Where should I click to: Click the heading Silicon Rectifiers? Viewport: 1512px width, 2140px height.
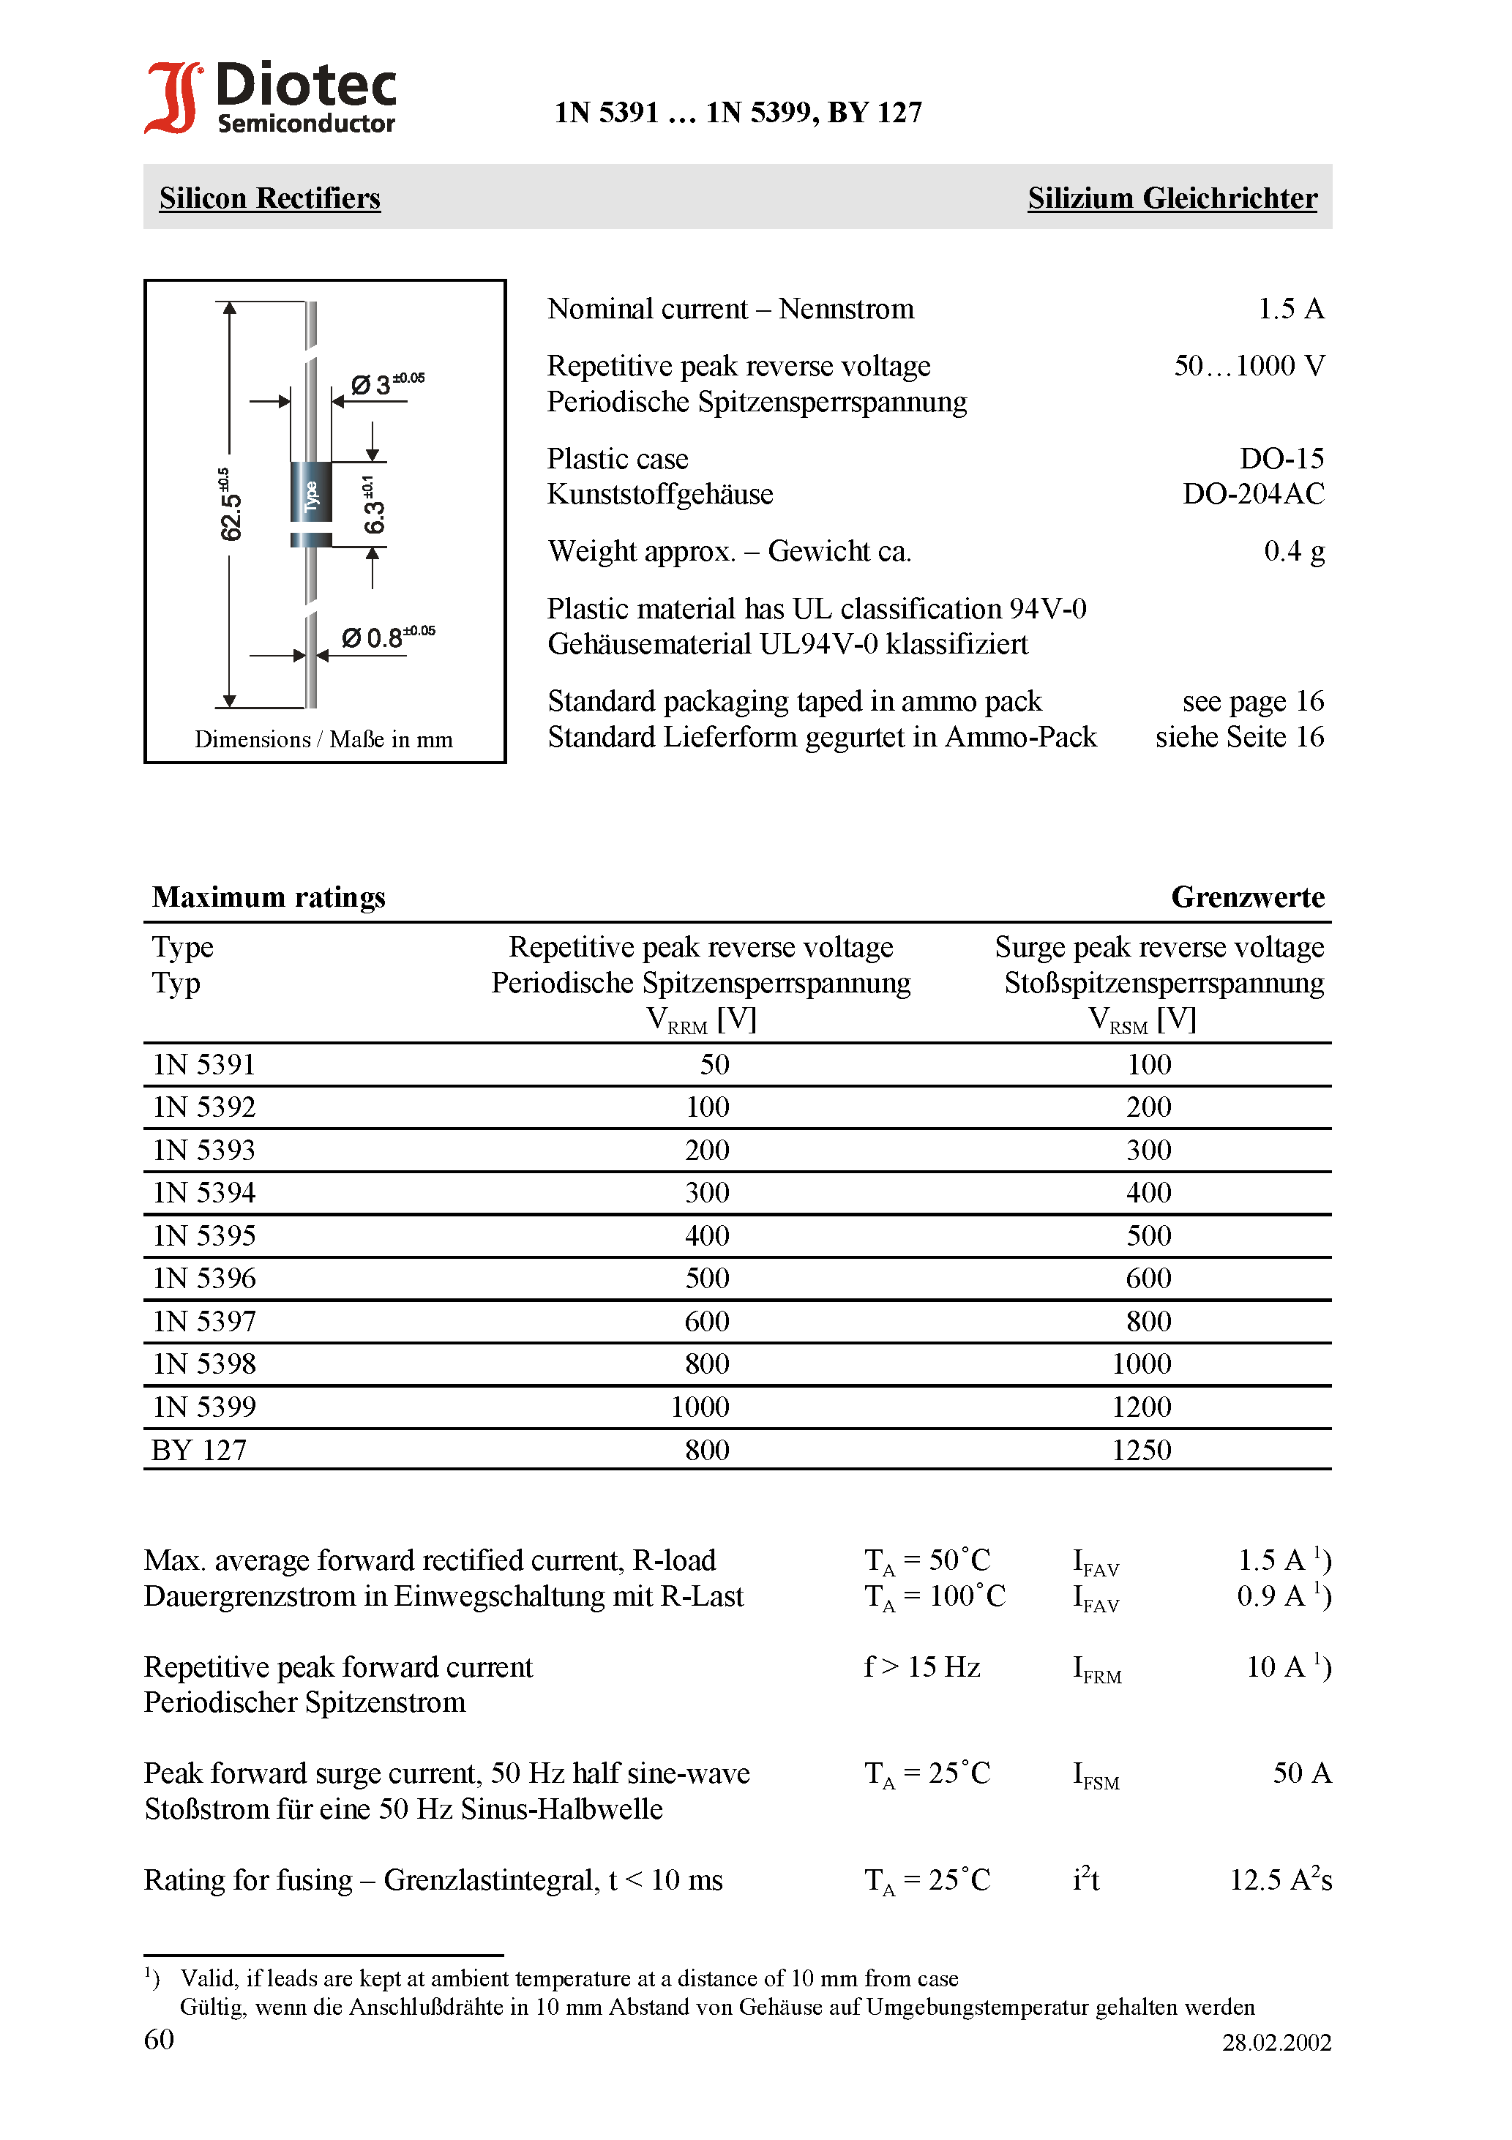pos(269,198)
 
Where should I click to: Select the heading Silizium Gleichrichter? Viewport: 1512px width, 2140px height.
pos(1172,198)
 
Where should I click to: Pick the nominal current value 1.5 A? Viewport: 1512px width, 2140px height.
pos(1290,310)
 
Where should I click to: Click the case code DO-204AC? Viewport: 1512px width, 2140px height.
pos(1253,494)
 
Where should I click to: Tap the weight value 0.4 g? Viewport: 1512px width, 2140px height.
pos(1293,552)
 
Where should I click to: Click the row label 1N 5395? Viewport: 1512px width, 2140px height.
pos(204,1236)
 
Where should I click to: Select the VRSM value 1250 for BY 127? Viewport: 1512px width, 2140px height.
pos(1141,1451)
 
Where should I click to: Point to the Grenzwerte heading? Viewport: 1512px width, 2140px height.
pos(1247,897)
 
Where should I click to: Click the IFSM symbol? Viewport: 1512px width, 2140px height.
pos(1096,1776)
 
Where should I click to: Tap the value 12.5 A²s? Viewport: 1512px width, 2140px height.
pos(1280,1880)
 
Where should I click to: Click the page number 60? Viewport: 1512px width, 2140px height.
pos(160,2039)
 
